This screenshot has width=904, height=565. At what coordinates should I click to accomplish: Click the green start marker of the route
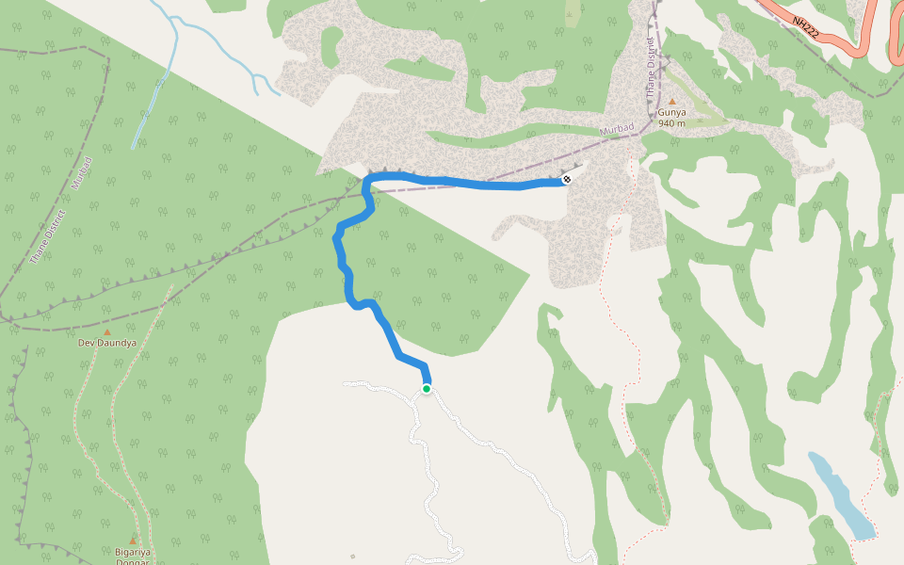427,388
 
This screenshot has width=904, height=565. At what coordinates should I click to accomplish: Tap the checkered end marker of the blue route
567,179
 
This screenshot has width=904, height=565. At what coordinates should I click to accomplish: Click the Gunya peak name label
671,112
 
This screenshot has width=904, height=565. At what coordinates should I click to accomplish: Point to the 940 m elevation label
671,123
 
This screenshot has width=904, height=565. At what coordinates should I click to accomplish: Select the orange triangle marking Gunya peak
671,101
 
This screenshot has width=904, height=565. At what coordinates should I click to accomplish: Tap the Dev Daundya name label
106,343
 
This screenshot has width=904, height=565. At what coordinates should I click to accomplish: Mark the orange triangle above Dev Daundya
106,331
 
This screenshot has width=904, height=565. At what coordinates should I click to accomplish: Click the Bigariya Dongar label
133,557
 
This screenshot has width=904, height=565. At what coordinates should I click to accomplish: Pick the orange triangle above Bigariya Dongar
133,540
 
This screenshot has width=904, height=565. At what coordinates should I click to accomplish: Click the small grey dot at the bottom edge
353,557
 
